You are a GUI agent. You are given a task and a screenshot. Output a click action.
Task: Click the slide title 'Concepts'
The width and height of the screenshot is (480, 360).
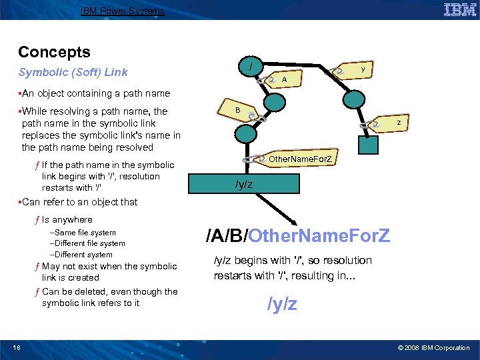[x=54, y=52]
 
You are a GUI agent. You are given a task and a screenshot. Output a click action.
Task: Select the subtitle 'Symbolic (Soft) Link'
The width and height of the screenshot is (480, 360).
[x=73, y=72]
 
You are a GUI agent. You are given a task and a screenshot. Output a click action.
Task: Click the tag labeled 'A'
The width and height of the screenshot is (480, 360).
[x=283, y=79]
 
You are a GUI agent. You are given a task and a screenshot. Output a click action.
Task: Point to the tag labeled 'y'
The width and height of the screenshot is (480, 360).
[x=361, y=69]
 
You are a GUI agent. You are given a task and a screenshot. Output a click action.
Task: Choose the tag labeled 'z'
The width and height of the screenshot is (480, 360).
[x=398, y=123]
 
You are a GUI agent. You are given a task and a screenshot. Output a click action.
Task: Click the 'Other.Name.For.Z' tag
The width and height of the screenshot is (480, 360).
[x=302, y=159]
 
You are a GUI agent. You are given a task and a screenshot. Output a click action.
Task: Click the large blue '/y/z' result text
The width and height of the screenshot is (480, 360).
[x=282, y=305]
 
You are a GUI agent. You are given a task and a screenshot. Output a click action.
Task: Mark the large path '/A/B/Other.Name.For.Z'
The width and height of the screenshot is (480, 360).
[x=298, y=235]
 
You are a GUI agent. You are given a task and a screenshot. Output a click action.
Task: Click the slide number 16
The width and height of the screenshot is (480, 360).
[x=16, y=347]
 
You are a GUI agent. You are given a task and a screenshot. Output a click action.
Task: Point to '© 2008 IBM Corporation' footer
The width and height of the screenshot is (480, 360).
[x=433, y=347]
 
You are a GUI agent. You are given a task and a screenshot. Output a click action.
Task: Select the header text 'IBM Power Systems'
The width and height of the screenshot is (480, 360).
[x=123, y=11]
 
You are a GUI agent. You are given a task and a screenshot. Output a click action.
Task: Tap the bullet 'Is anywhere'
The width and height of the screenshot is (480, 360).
[x=67, y=219]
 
